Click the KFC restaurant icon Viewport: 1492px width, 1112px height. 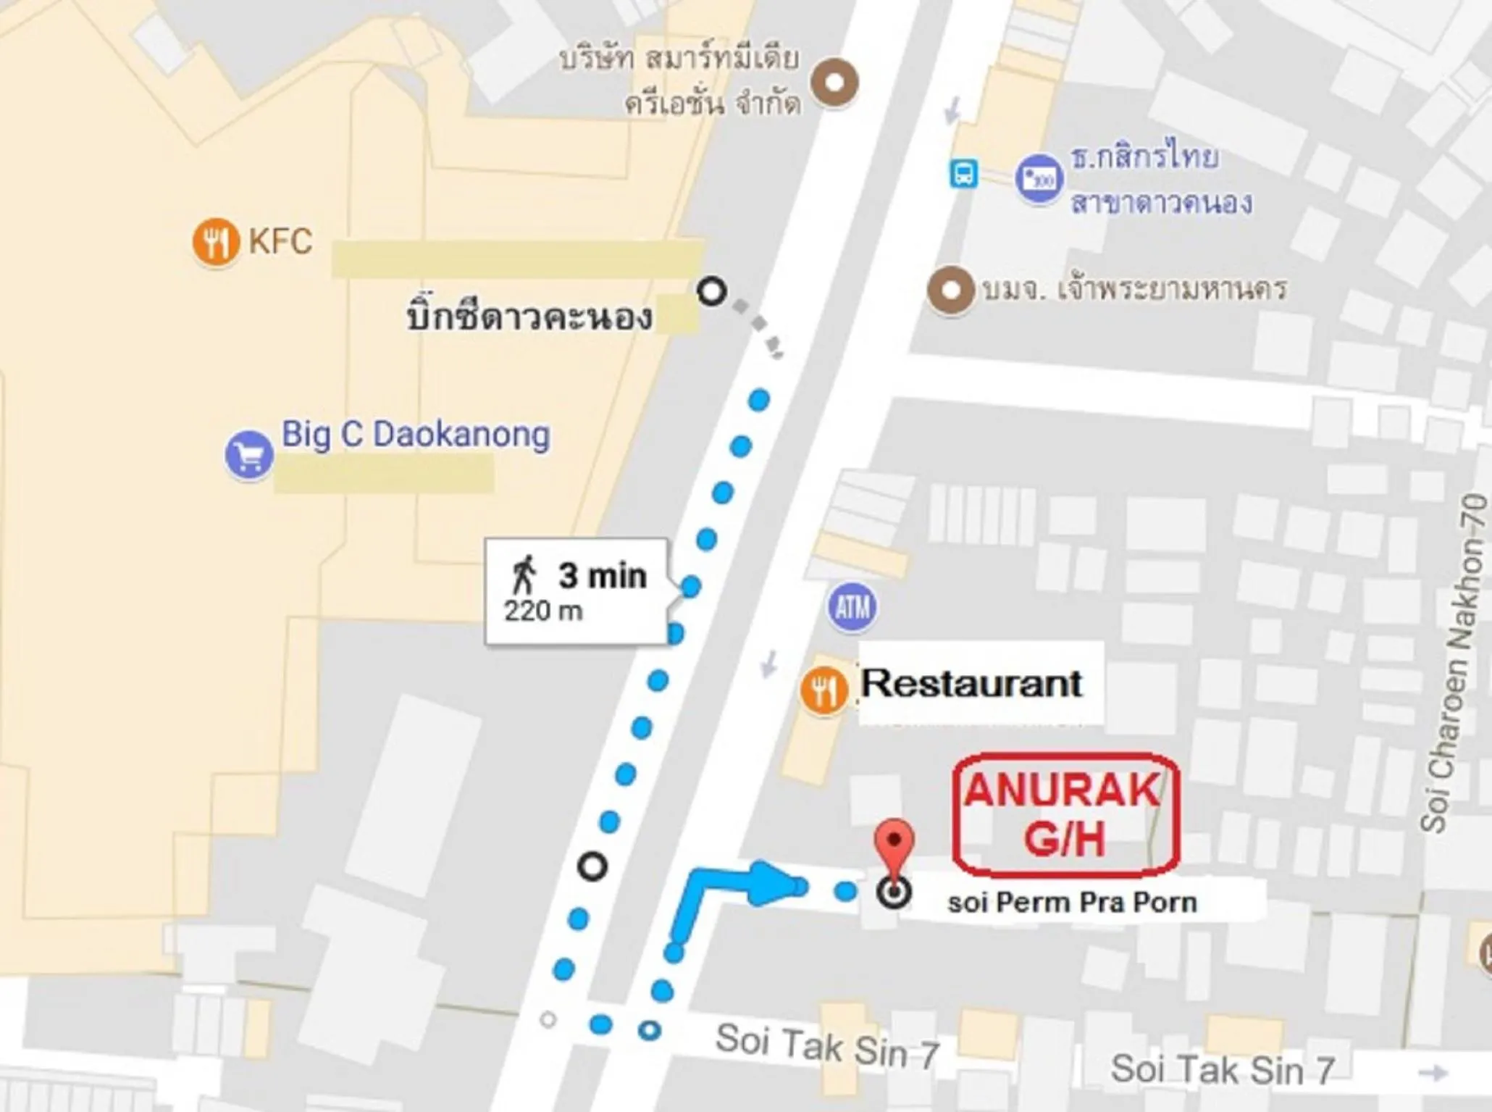[216, 242]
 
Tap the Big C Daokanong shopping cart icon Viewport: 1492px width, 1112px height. [248, 456]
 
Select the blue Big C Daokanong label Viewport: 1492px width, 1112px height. [415, 435]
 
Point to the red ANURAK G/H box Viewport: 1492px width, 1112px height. [1065, 813]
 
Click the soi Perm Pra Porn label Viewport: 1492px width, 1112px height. [1072, 903]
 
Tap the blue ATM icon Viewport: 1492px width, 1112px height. [852, 607]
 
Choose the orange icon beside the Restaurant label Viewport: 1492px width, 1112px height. [823, 690]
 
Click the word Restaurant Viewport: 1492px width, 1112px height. [971, 683]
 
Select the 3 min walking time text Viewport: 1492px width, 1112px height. [602, 576]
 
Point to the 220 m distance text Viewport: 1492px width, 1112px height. [543, 611]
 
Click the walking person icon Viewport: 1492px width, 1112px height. [524, 575]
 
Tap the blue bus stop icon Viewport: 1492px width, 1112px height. [963, 174]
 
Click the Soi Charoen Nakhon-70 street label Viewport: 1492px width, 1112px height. [1454, 663]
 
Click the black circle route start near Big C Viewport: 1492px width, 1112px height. [712, 291]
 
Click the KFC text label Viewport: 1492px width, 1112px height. [281, 241]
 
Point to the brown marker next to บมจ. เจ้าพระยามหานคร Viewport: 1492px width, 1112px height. [950, 290]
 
